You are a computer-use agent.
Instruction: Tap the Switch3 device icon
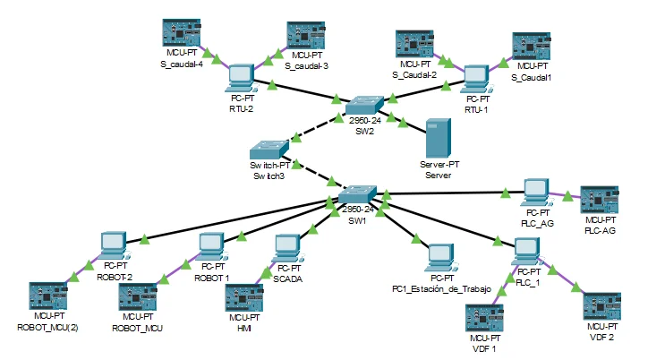tap(269, 148)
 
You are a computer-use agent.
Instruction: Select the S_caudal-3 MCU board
tap(307, 36)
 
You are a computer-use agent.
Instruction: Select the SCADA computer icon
tap(287, 248)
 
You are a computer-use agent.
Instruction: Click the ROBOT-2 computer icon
tap(114, 244)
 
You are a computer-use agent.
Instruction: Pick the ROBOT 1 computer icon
tap(212, 244)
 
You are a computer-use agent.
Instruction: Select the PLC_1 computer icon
tap(529, 253)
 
